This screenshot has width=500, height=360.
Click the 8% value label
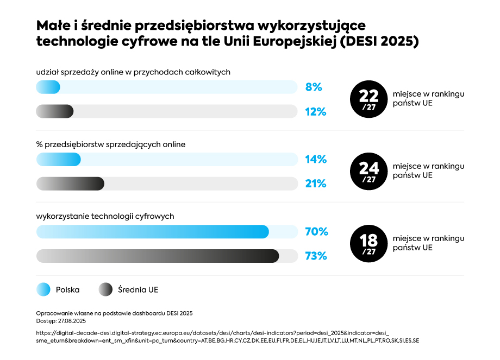pyautogui.click(x=314, y=87)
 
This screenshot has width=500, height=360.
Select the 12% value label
pyautogui.click(x=315, y=112)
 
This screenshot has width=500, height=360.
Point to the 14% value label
pyautogui.click(x=315, y=159)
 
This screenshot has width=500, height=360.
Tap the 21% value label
pyautogui.click(x=315, y=184)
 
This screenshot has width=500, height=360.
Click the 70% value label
pyautogui.click(x=316, y=231)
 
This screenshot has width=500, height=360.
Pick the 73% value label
pyautogui.click(x=316, y=256)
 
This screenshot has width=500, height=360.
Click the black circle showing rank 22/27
pyautogui.click(x=368, y=99)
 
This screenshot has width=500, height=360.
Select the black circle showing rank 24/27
pyautogui.click(x=368, y=171)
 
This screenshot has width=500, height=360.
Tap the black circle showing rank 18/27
pyautogui.click(x=368, y=243)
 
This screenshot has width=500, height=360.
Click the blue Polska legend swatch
pyautogui.click(x=43, y=289)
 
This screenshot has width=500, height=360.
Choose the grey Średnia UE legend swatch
pyautogui.click(x=105, y=289)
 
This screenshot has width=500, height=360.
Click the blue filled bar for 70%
pyautogui.click(x=152, y=231)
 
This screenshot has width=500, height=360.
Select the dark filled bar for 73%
pyautogui.click(x=158, y=256)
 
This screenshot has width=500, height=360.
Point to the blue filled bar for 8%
pyautogui.click(x=48, y=87)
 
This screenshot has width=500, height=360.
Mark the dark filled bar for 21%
pyautogui.click(x=70, y=184)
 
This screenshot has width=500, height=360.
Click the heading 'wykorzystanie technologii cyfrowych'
pyautogui.click(x=105, y=216)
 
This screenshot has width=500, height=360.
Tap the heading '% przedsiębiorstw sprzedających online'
pyautogui.click(x=111, y=144)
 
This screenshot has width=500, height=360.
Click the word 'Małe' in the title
pyautogui.click(x=52, y=26)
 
